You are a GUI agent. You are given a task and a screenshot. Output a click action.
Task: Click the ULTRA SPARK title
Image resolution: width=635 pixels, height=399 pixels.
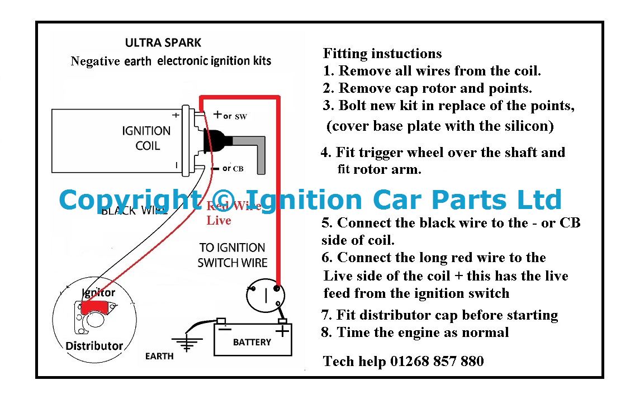tap(163, 43)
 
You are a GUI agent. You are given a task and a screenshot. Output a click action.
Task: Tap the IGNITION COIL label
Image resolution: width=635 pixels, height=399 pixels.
tap(146, 138)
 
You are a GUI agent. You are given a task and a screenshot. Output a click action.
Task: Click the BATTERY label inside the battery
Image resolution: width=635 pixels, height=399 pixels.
tap(252, 343)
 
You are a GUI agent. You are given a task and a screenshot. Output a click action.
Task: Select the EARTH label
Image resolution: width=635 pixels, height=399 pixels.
tap(159, 356)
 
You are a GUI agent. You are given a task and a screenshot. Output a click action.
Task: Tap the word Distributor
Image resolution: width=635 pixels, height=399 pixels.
tap(94, 346)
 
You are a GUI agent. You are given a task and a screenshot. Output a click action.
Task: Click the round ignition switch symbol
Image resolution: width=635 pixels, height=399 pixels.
tap(266, 296)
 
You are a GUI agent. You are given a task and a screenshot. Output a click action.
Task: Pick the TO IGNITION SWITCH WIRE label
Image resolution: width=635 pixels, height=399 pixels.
tap(233, 255)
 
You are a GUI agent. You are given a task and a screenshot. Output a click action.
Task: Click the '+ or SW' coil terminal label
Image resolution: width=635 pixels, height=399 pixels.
tap(230, 116)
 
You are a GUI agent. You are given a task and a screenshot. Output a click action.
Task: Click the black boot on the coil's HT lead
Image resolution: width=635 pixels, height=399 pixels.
tap(217, 141)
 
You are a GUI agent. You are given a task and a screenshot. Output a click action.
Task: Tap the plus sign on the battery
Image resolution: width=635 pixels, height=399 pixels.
tap(282, 331)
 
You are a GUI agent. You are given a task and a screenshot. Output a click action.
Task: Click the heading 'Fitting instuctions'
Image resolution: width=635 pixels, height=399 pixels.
tap(382, 54)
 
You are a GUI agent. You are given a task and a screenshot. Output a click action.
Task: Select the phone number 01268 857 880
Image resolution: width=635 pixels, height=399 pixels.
tap(437, 361)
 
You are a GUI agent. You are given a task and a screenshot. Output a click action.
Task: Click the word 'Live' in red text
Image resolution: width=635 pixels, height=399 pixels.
tap(219, 221)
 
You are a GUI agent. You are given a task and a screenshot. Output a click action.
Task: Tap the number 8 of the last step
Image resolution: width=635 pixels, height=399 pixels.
tap(325, 332)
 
